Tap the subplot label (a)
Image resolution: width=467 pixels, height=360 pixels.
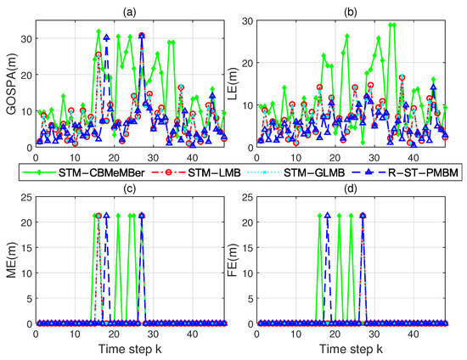tap(131, 8)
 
